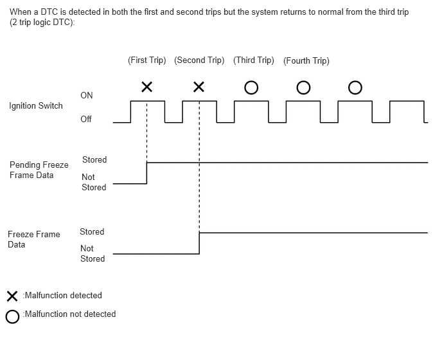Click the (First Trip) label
click(147, 60)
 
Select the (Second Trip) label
click(199, 60)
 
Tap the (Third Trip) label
click(254, 60)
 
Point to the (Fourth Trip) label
click(306, 61)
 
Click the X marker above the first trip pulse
click(147, 87)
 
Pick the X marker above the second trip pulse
click(199, 87)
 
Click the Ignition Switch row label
click(36, 106)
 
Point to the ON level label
click(87, 95)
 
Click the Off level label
click(86, 119)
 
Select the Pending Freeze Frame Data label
click(39, 170)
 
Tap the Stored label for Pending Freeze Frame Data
click(94, 159)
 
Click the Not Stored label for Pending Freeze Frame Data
click(94, 182)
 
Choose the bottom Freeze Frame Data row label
click(34, 239)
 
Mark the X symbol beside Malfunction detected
click(12, 296)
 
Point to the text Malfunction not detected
click(70, 314)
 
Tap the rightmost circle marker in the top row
click(355, 81)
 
